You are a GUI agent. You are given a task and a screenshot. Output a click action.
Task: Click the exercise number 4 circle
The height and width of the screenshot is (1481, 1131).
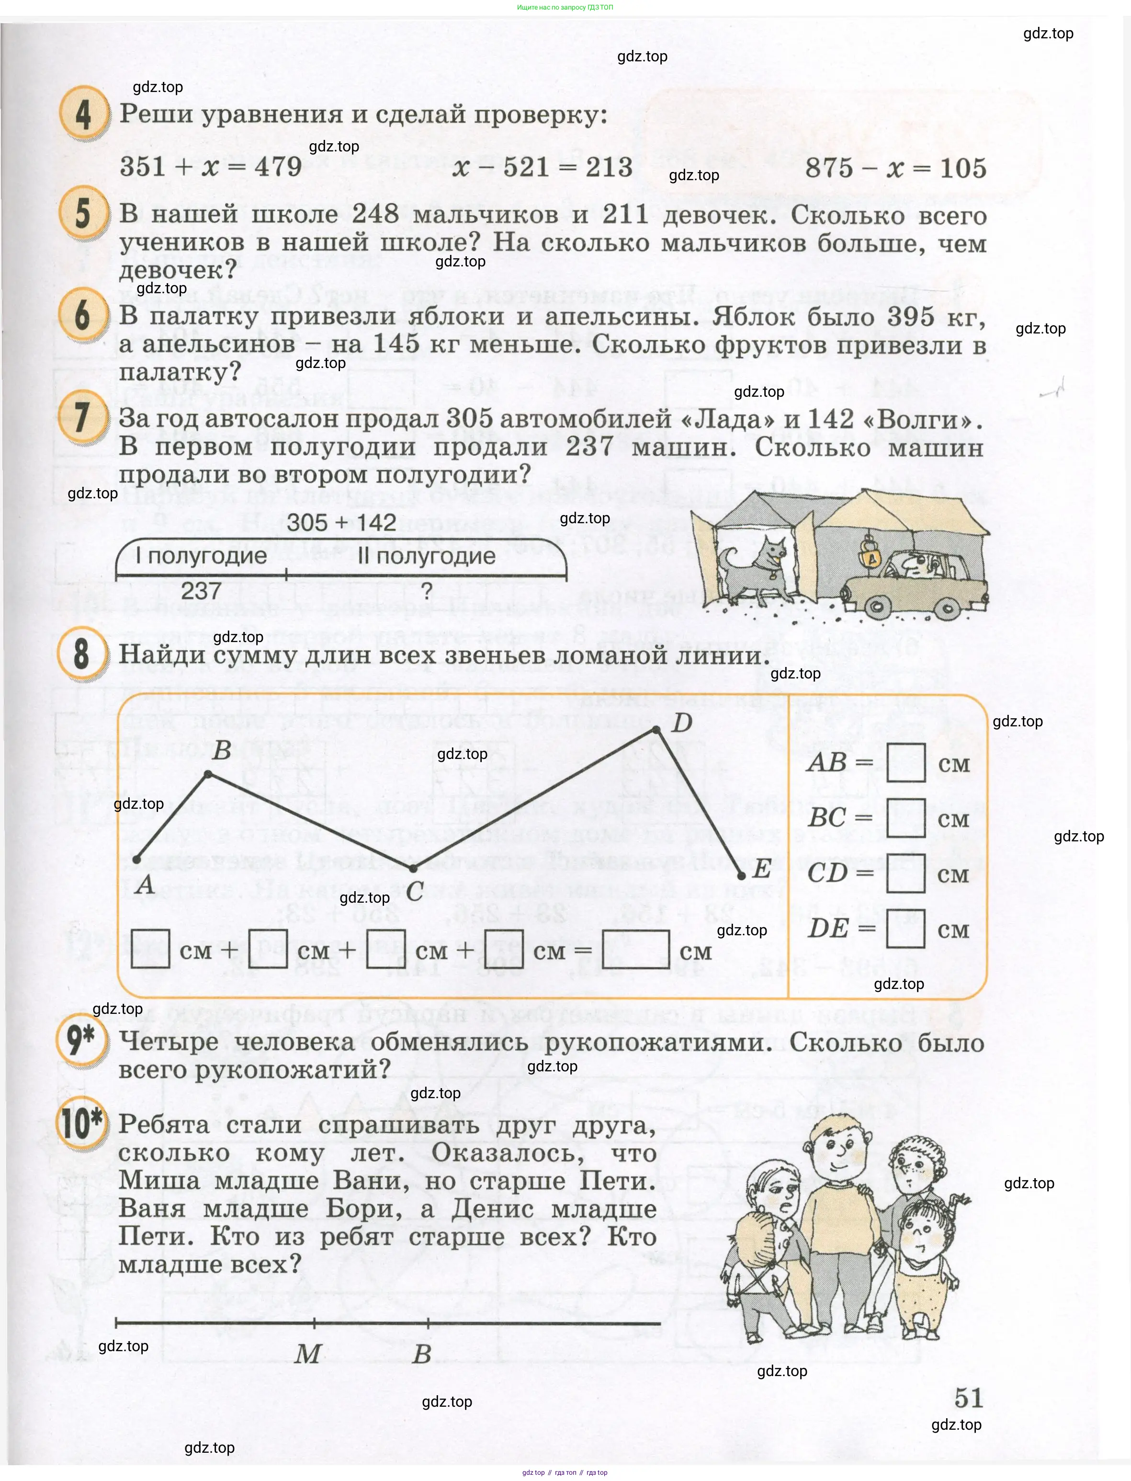[83, 114]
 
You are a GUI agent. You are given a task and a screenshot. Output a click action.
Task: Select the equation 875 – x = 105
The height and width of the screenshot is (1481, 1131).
[895, 168]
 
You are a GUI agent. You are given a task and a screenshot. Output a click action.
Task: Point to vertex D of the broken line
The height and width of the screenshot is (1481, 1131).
[656, 729]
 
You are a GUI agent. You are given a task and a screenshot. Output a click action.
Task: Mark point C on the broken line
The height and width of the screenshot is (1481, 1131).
[413, 868]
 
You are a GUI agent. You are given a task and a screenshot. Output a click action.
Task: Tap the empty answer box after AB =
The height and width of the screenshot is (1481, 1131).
[905, 762]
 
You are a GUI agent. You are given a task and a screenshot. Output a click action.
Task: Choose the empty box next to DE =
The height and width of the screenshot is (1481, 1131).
[905, 929]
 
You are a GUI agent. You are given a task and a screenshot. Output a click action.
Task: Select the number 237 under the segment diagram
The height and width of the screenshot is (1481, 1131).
[201, 591]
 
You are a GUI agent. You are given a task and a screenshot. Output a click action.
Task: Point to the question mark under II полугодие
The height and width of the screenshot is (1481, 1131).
[426, 591]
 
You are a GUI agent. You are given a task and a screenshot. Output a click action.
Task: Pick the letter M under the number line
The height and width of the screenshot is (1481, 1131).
[308, 1354]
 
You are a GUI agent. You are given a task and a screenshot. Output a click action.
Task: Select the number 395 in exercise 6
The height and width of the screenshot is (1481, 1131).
[910, 317]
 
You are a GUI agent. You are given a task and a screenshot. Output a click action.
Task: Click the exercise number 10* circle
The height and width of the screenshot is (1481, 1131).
[81, 1124]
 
